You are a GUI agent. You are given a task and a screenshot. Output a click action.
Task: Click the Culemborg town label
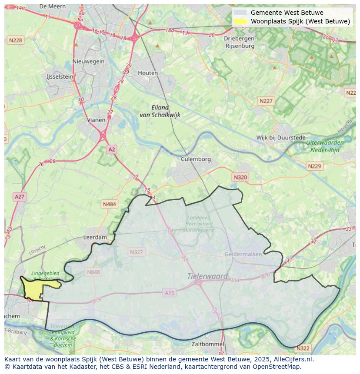[196, 159]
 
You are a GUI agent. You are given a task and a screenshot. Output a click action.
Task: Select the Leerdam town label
[95, 238]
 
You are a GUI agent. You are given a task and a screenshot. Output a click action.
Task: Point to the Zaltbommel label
[208, 344]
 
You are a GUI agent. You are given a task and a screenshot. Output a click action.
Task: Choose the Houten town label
[148, 73]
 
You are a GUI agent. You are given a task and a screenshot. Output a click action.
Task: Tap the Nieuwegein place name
[89, 61]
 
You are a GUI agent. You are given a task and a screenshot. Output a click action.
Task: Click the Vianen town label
[96, 120]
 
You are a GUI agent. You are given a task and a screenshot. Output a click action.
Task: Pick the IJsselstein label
[60, 76]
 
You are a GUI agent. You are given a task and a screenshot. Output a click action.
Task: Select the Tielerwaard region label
[207, 276]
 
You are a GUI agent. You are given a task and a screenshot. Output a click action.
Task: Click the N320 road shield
[240, 177]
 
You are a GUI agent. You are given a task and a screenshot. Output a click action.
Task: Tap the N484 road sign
[110, 204]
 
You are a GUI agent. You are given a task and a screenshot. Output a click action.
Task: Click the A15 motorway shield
[170, 293]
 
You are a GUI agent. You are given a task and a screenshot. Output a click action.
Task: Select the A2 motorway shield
[112, 149]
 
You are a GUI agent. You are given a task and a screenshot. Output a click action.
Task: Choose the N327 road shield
[136, 252]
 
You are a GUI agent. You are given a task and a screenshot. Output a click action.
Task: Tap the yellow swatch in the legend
[240, 21]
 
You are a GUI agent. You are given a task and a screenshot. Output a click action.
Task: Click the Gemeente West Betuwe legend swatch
[240, 13]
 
